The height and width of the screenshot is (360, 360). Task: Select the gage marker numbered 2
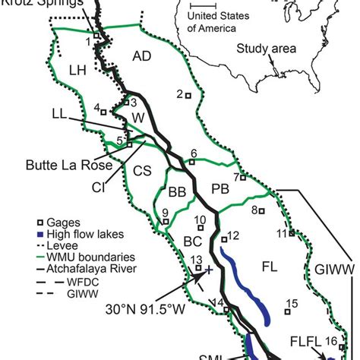click(189, 95)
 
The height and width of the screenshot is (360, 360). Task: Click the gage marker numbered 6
click(193, 161)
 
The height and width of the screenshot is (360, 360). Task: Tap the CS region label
click(141, 172)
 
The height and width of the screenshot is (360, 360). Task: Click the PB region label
click(220, 188)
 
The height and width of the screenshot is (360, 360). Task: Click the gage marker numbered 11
click(291, 234)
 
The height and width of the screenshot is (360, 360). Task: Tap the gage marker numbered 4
click(105, 110)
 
